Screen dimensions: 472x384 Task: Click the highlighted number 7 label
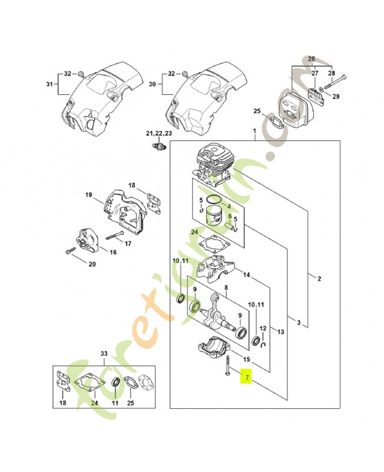pyautogui.click(x=247, y=376)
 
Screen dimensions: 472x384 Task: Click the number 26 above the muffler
pyautogui.click(x=312, y=59)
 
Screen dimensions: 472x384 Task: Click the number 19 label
pyautogui.click(x=88, y=195)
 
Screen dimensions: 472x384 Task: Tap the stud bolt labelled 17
pyautogui.click(x=115, y=239)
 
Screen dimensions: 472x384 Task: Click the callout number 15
pyautogui.click(x=246, y=359)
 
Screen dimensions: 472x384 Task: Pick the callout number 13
pyautogui.click(x=280, y=332)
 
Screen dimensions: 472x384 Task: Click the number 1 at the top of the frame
pyautogui.click(x=254, y=131)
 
